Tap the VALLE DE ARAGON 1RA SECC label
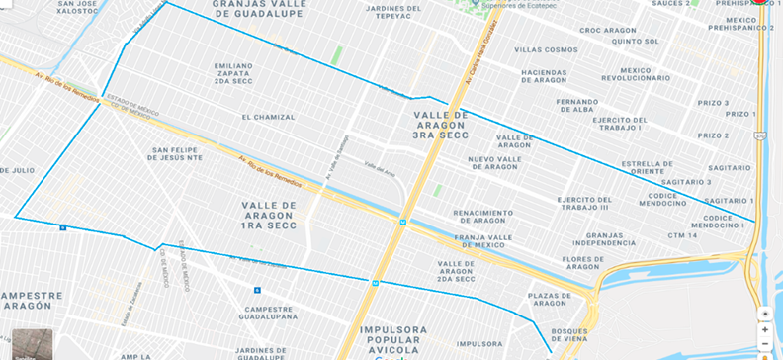pyautogui.click(x=269, y=213)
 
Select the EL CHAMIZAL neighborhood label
pyautogui.click(x=268, y=117)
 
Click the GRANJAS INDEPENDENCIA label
pyautogui.click(x=604, y=238)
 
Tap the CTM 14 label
pyautogui.click(x=681, y=235)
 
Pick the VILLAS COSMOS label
pyautogui.click(x=546, y=49)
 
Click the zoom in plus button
pyautogui.click(x=764, y=329)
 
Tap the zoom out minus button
pyautogui.click(x=764, y=345)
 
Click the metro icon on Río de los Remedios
pyautogui.click(x=403, y=222)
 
